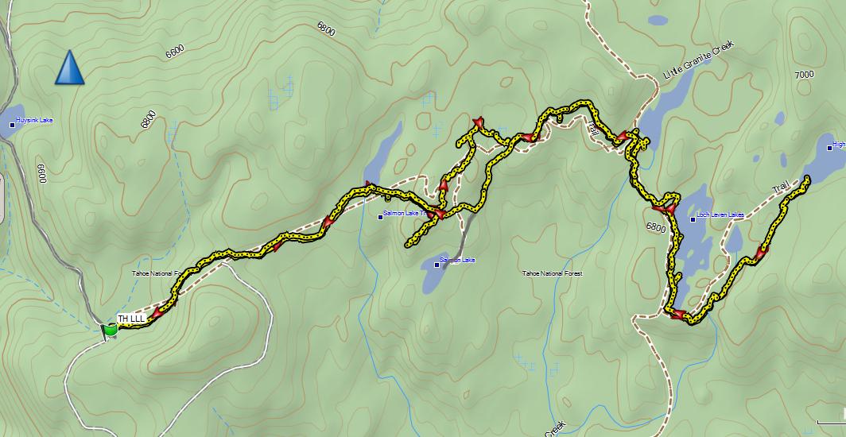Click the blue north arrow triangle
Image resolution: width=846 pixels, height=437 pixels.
pyautogui.click(x=70, y=68)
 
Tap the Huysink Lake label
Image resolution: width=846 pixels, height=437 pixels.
pyautogui.click(x=34, y=121)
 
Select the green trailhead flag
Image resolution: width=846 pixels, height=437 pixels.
pyautogui.click(x=109, y=329)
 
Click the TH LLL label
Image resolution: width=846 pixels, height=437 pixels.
pyautogui.click(x=131, y=319)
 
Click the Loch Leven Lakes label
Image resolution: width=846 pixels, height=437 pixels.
pyautogui.click(x=720, y=215)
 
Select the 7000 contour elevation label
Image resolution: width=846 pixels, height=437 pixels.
pyautogui.click(x=804, y=75)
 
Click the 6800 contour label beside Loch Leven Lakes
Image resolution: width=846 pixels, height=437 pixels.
pyautogui.click(x=656, y=227)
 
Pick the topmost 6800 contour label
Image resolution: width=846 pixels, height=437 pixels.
pyautogui.click(x=325, y=29)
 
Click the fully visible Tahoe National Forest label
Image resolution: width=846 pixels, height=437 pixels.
pyautogui.click(x=552, y=273)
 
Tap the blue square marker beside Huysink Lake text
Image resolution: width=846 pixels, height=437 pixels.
pyautogui.click(x=12, y=124)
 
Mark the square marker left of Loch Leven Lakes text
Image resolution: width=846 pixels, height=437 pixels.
pyautogui.click(x=693, y=218)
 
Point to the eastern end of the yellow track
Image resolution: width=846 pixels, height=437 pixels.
pyautogui.click(x=807, y=178)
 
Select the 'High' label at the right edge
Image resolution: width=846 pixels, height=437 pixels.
pyautogui.click(x=838, y=145)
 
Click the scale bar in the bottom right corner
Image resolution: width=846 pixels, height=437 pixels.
pyautogui.click(x=831, y=419)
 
